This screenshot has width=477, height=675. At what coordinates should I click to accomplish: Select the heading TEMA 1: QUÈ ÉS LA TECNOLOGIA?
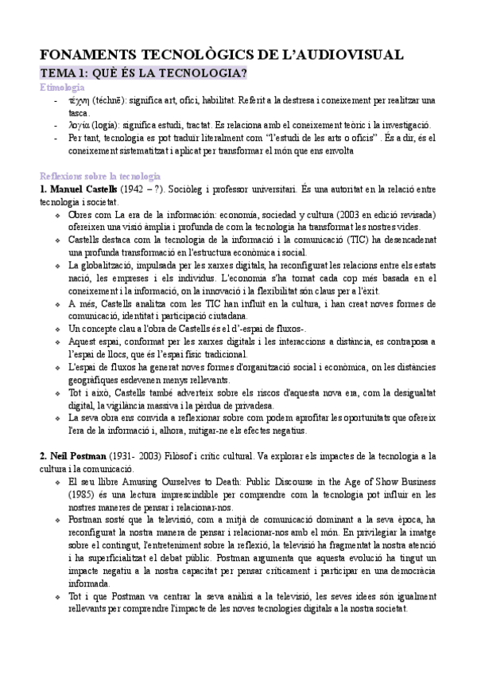[142, 73]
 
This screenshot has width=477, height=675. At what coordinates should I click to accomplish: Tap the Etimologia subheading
[62, 87]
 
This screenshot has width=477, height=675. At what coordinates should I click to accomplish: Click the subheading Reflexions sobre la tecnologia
[100, 175]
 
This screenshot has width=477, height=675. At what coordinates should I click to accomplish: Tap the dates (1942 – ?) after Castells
[143, 189]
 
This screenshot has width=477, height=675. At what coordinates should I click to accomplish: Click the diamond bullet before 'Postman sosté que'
[56, 520]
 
